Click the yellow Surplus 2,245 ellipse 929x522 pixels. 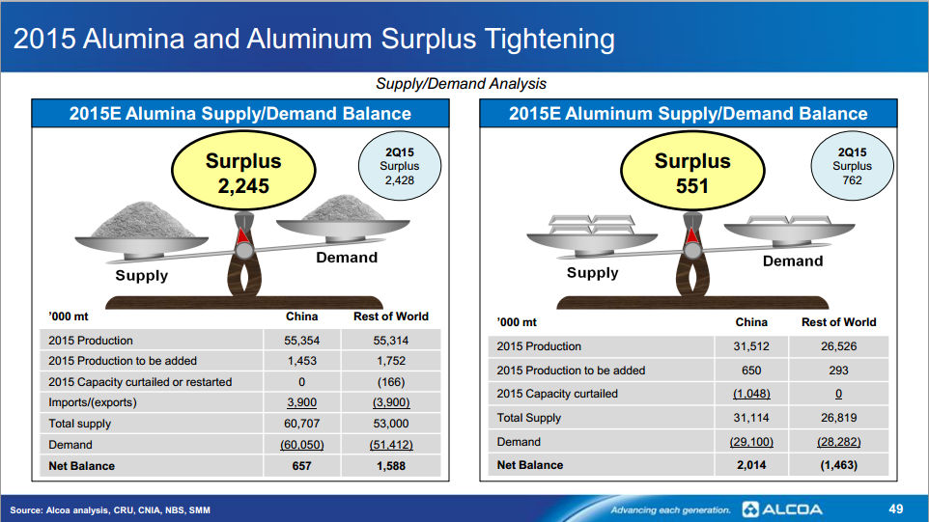(243, 171)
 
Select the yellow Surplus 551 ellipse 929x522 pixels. (692, 171)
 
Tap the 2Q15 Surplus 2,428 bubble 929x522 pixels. (400, 166)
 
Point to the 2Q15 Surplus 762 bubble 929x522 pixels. (852, 166)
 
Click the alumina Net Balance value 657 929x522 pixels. (301, 466)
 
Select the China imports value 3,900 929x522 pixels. (301, 402)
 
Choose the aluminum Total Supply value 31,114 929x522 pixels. (751, 418)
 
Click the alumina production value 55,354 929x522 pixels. (301, 341)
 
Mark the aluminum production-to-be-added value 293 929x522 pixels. (838, 371)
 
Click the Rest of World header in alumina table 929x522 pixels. (391, 316)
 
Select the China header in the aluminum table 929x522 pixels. (751, 322)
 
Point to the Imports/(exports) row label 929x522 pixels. (93, 402)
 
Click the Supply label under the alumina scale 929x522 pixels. (142, 275)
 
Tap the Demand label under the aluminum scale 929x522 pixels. (793, 261)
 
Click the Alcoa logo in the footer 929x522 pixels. (782, 509)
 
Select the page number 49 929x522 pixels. (896, 509)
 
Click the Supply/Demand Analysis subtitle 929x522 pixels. (461, 83)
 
